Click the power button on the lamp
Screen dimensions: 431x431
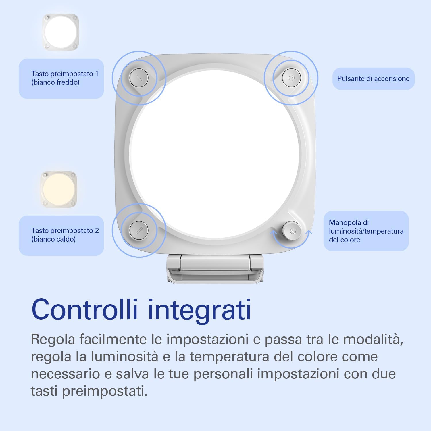click(291, 78)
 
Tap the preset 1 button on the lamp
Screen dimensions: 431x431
click(139, 78)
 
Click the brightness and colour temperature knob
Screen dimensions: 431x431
click(291, 230)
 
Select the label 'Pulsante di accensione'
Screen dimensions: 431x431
click(373, 79)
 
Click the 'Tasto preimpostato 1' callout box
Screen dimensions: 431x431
click(61, 78)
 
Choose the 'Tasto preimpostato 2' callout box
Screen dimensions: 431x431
click(61, 235)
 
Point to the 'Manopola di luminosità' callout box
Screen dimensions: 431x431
click(366, 231)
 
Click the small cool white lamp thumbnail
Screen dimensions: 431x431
click(61, 32)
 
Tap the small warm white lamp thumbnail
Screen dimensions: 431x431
click(59, 189)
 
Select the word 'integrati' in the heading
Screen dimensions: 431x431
click(199, 310)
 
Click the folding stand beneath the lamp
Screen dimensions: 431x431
click(215, 269)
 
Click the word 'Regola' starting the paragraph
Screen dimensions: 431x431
click(53, 340)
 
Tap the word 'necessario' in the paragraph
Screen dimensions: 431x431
click(65, 374)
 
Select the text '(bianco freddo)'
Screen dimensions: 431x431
click(55, 82)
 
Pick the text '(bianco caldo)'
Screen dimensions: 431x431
click(53, 239)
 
